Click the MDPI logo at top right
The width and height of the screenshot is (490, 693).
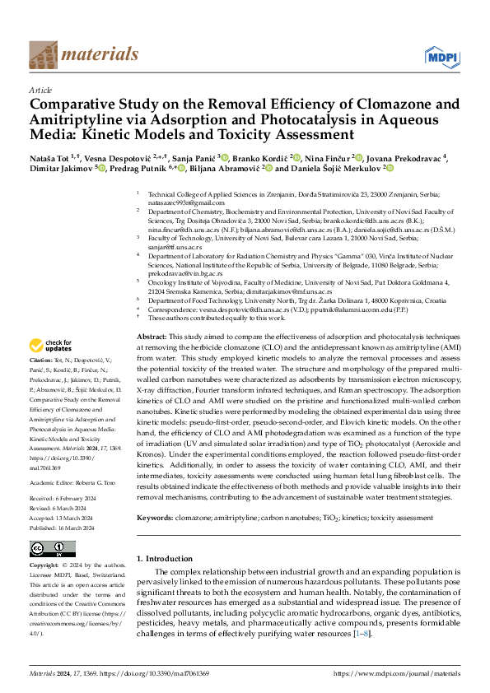[x=442, y=56]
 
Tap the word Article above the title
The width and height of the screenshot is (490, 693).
[x=40, y=90]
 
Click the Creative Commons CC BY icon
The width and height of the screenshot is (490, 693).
[x=52, y=549]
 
